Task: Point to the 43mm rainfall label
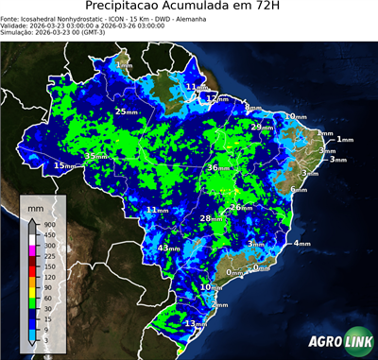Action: coord(168,248)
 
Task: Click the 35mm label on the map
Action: coord(96,156)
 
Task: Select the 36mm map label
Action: coord(218,167)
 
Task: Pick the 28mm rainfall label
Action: coord(211,218)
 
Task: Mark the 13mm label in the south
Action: coord(195,323)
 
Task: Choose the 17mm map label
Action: coord(213,97)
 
